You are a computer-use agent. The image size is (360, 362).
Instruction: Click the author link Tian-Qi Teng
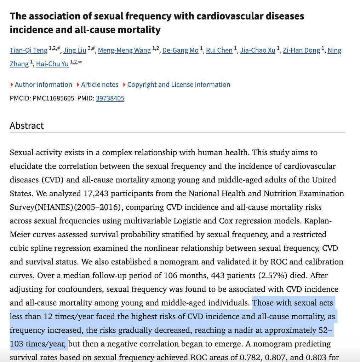coord(28,50)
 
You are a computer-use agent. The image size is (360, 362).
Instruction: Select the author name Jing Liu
coord(75,50)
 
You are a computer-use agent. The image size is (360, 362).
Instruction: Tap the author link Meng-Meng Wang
coord(124,50)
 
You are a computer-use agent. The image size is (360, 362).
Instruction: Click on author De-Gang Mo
coord(180,50)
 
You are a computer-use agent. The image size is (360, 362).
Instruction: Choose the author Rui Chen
coord(219,50)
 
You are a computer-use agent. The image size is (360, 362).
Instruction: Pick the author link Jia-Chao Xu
coord(257,50)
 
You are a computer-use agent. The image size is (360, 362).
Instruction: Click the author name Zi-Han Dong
coord(301,50)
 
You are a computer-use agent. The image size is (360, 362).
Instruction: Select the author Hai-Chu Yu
coord(52,64)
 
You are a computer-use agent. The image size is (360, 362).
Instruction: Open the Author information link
coord(43,84)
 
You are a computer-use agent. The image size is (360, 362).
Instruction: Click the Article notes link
coord(99,84)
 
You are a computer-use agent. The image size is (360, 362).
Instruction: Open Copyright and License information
coord(178,84)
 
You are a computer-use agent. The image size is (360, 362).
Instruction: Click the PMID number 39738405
coord(110,98)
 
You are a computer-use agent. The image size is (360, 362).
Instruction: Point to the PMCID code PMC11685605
coord(53,98)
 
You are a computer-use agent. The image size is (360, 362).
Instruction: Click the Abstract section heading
coord(27,125)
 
